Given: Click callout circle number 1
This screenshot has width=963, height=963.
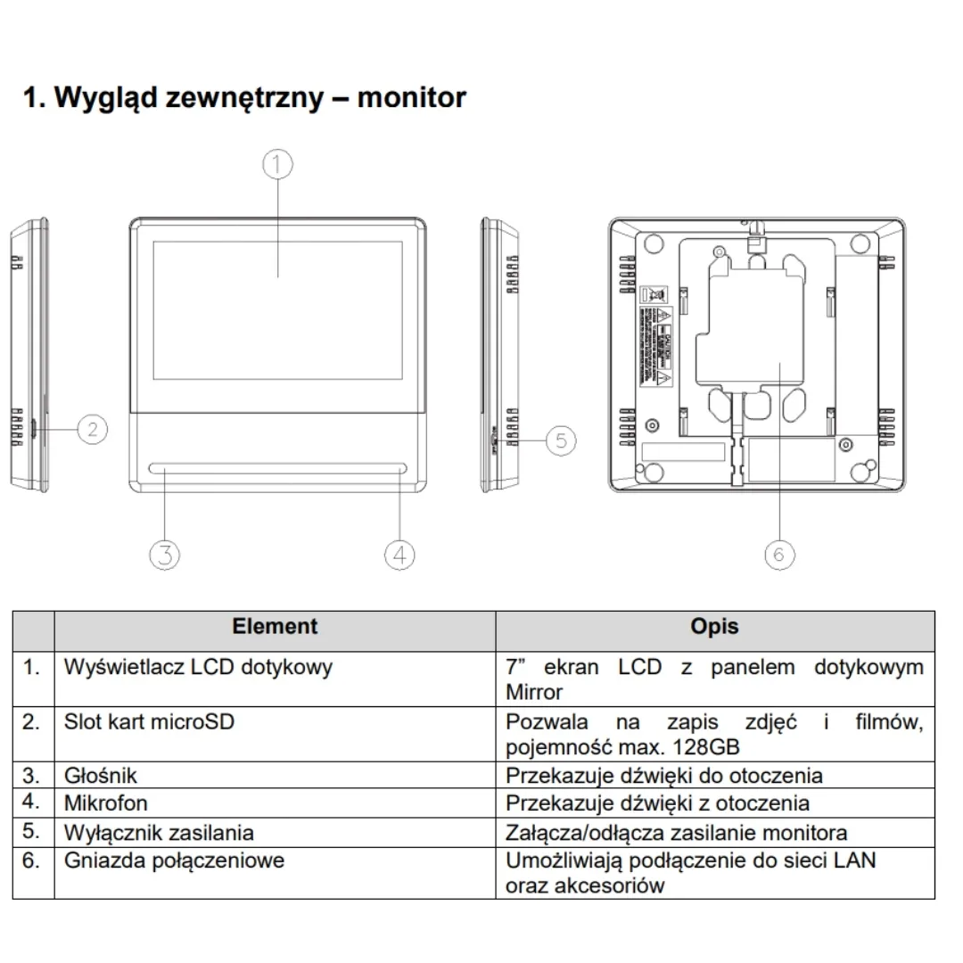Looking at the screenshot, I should pos(277,164).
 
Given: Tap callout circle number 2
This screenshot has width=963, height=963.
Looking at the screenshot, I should pos(92,430).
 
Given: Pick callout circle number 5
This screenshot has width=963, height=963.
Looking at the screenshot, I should pos(560,440).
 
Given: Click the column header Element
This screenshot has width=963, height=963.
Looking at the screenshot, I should pos(275,627).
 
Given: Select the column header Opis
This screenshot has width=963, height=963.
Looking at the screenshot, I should pos(714,627).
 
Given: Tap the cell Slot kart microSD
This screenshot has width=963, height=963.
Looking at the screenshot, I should pos(149,721).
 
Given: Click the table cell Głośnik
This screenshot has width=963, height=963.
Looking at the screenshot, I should pos(101,775).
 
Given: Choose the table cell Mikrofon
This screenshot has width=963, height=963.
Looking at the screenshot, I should pos(105,803).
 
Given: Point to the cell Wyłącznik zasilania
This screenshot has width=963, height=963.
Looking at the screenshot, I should pos(159,833).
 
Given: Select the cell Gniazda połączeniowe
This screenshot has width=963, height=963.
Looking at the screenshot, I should pos(174,860).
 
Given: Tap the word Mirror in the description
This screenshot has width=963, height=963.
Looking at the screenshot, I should pos(534,692).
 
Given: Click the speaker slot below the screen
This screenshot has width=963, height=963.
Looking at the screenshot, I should pos(278,468).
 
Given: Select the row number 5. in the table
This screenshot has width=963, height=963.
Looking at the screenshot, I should pos(32,832).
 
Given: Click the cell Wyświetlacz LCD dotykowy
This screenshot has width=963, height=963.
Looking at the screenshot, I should pos(198,667).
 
